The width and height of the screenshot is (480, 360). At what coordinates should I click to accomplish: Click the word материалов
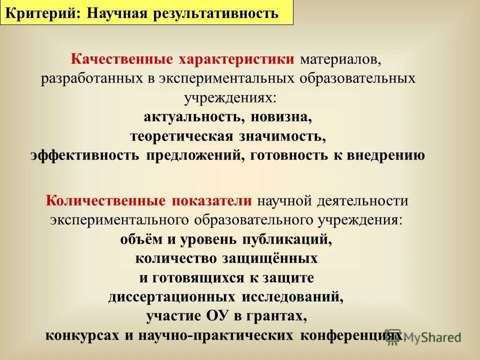[x=340, y=60]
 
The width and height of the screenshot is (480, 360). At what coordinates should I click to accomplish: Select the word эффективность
[x=84, y=155]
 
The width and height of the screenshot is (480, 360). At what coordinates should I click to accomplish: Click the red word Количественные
[x=105, y=201]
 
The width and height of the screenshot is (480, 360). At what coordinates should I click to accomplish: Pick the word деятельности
[x=362, y=201]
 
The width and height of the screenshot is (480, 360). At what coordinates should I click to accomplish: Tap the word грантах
[x=277, y=315]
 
